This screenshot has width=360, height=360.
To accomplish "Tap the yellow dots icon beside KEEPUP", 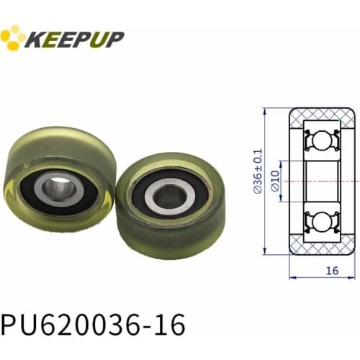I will (x=12, y=37).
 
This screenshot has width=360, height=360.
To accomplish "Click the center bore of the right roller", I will (x=169, y=195).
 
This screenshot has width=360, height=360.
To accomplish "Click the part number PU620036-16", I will (x=94, y=324).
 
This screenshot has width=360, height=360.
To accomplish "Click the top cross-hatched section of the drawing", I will (x=321, y=115).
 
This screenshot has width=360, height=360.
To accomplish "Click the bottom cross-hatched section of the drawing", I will (x=321, y=249).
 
